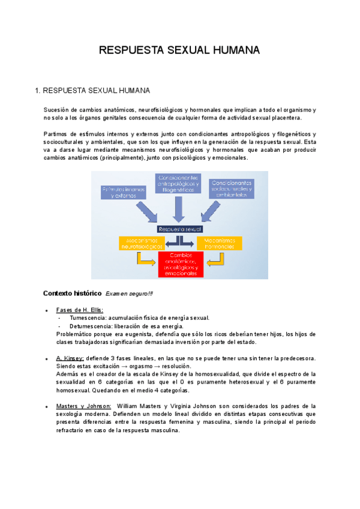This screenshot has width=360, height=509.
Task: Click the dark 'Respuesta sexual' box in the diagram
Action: [180, 229]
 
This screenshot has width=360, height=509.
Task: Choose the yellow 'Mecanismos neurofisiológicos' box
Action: [142, 242]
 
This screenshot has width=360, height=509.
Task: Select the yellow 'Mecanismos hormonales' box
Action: [220, 242]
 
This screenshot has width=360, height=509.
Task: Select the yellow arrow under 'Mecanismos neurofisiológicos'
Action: [145, 259]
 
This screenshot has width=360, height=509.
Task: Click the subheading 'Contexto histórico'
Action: [73, 294]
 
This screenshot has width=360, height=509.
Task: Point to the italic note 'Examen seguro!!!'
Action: [129, 294]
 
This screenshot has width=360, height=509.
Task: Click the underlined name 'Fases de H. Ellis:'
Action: [79, 310]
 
